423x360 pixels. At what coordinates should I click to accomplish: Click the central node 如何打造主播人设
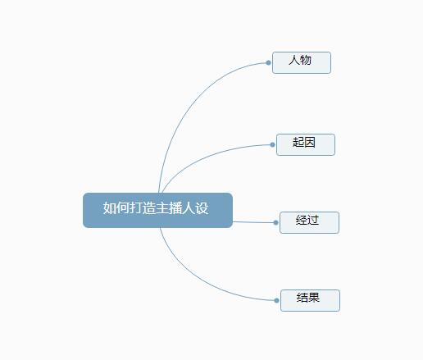tap(157, 210)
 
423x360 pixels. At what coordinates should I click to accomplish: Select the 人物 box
tap(302, 62)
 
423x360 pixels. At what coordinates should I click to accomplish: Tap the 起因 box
tap(306, 144)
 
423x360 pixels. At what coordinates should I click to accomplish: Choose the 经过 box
tap(309, 222)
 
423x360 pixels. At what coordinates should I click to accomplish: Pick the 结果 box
tap(310, 300)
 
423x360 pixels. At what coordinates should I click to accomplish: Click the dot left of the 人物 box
tap(268, 63)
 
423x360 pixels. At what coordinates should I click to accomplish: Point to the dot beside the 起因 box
tap(272, 145)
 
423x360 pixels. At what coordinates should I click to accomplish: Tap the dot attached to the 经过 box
tap(275, 222)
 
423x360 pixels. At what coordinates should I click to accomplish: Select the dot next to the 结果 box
tap(276, 301)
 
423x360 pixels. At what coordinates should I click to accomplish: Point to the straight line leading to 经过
tap(253, 222)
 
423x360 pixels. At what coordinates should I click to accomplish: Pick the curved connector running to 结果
tap(199, 279)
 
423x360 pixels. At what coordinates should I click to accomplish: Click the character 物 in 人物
tap(306, 60)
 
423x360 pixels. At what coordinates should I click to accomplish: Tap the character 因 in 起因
tap(310, 142)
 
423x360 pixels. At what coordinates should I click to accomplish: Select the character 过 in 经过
tap(313, 220)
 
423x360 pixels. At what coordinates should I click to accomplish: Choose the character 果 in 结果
tap(314, 298)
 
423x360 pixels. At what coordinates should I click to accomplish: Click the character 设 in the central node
tap(202, 208)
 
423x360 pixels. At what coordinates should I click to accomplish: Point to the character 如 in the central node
tap(110, 208)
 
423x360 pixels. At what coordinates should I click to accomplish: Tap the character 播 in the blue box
tap(175, 208)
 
